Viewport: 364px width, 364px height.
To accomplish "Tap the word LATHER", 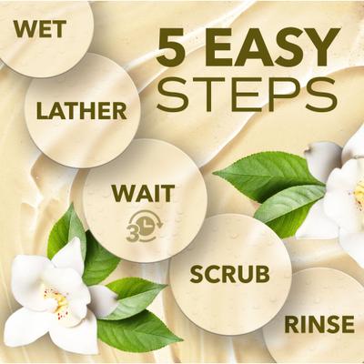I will pos(81,112).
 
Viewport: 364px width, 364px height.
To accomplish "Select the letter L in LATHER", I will pos(42,112).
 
